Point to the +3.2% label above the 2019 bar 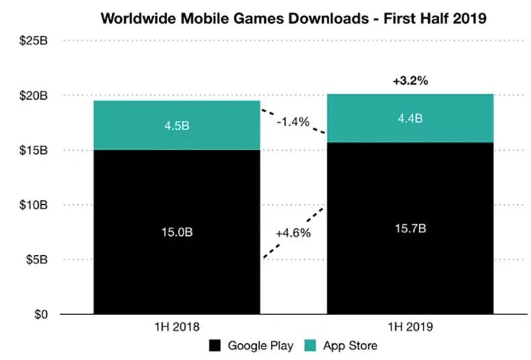coord(410,81)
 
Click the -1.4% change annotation coord(292,122)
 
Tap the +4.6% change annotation coord(292,233)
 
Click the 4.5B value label coord(177,126)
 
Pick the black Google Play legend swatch coord(215,347)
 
